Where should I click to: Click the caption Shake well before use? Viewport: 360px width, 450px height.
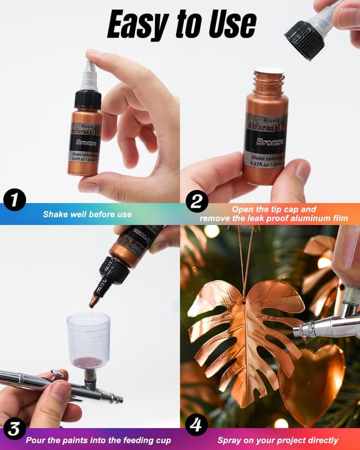[x=87, y=214]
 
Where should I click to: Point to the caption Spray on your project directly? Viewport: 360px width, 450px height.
[x=278, y=440]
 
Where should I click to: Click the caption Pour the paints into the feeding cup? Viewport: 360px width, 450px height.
[x=98, y=440]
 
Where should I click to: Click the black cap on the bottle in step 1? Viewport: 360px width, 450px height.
[x=88, y=99]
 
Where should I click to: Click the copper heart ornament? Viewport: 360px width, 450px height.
[x=312, y=382]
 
